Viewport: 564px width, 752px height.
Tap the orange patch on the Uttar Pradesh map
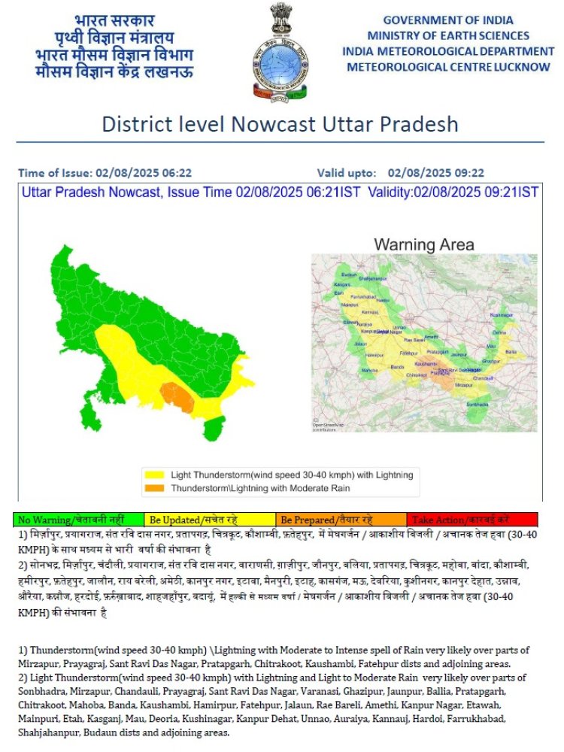tap(177, 396)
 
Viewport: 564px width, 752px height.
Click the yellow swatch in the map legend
tap(155, 475)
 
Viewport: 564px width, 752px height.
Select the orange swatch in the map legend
tap(155, 488)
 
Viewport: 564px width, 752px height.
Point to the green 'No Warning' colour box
tap(78, 520)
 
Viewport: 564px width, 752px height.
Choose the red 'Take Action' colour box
tap(472, 520)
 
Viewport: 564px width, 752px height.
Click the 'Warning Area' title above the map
tap(424, 244)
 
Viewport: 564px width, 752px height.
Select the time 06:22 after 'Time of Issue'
tap(175, 172)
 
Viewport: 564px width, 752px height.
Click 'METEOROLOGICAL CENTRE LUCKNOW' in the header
tap(448, 67)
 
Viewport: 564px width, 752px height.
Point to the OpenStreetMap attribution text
tap(328, 426)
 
